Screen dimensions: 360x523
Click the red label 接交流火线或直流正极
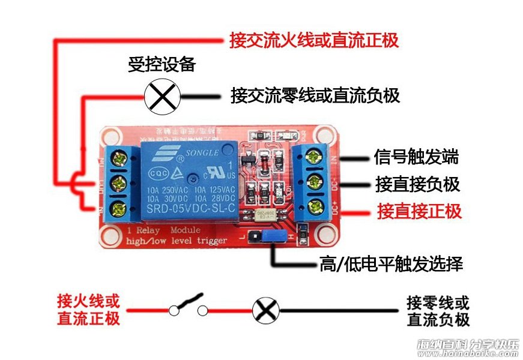point(314,41)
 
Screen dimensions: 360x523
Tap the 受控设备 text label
point(162,65)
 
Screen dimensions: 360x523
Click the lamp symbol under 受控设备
point(163,96)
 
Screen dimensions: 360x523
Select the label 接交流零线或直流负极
point(315,95)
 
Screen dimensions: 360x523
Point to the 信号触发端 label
point(416,158)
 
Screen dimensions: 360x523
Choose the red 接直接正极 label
point(419,211)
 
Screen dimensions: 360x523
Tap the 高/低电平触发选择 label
point(391,264)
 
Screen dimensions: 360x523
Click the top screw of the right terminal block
point(313,157)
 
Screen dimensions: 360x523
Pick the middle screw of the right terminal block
point(313,182)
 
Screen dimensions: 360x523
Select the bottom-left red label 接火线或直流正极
point(89,309)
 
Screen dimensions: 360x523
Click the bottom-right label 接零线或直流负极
point(438,310)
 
